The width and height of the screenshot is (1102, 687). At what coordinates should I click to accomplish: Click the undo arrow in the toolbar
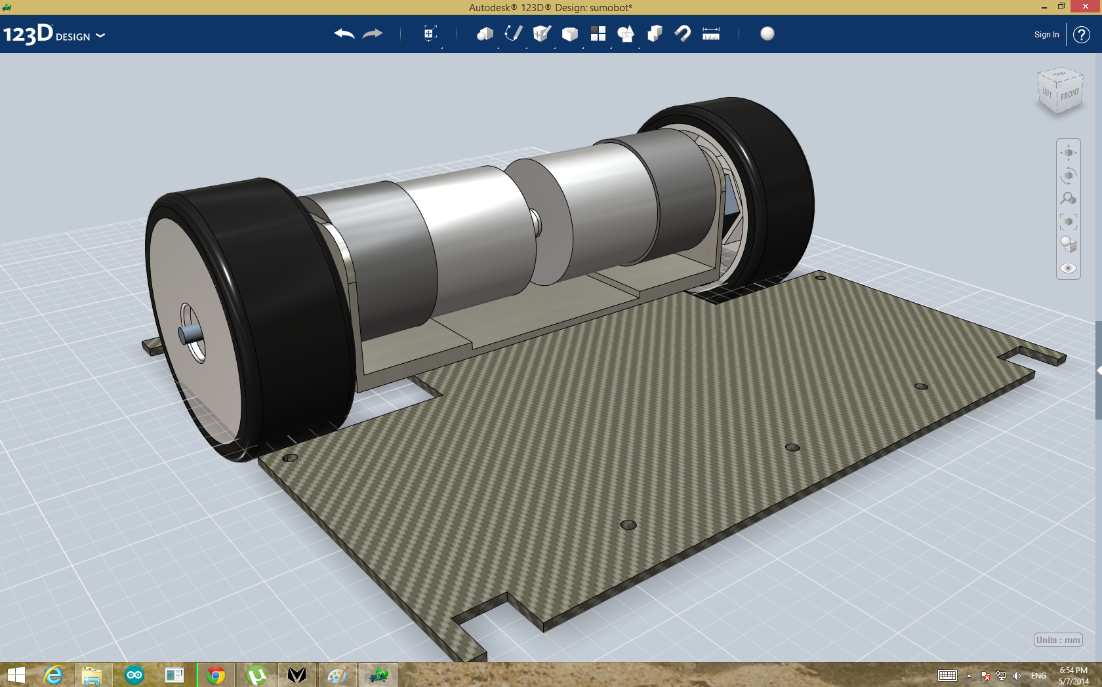344,34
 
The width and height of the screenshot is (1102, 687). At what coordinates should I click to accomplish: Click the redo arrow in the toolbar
373,34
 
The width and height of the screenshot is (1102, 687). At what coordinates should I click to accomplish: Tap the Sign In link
1046,35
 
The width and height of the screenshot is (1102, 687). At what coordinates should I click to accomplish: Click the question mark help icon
1081,35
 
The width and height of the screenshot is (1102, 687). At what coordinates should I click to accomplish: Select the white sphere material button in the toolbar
767,33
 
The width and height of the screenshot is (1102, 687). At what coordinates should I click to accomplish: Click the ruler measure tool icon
711,33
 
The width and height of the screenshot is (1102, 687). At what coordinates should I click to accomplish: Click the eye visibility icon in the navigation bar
1068,268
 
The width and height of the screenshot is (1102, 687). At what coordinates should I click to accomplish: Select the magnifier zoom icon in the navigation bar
1068,198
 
